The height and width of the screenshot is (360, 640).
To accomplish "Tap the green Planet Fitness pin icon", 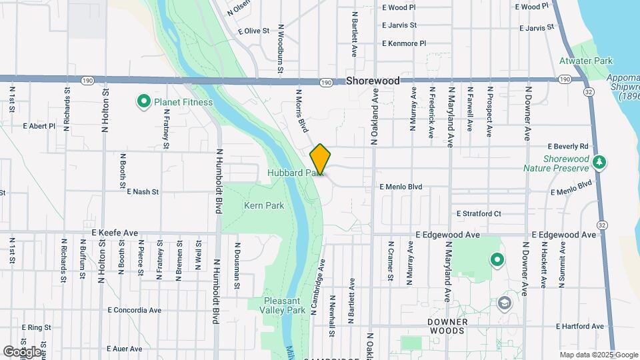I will point(143,102).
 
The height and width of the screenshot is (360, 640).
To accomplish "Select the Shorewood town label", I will point(373,81).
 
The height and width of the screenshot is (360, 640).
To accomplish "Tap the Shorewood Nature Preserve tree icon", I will point(599,162).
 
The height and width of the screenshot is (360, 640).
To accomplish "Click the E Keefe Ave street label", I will point(115,233).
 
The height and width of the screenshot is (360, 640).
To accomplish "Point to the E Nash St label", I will point(143,191).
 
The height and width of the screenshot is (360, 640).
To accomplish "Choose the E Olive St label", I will point(253,31).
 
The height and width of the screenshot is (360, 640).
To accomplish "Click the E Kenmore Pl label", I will point(404,43).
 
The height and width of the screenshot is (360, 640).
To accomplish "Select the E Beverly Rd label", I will point(569,146).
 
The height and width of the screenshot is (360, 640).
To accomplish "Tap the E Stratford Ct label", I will point(479,213).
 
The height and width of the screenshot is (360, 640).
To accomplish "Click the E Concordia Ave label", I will point(135,310).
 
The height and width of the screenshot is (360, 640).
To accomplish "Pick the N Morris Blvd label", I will point(302,111).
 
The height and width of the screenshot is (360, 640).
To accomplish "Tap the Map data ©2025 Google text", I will point(598,355).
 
